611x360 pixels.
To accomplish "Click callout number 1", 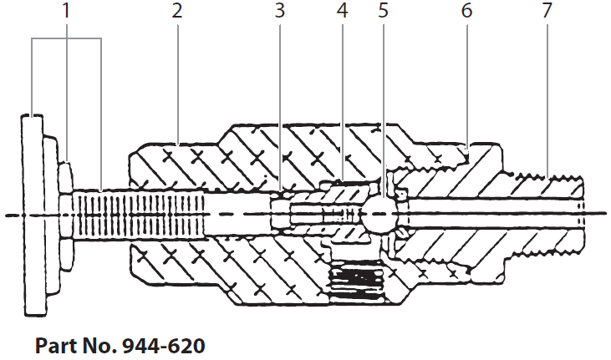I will coord(66,12).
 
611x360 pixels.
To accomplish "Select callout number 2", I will coord(177,12).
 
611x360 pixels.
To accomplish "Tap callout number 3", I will coord(280,12).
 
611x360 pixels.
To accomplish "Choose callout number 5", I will coord(384,12).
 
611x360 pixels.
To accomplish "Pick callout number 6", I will coord(466,12).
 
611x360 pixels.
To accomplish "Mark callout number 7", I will coord(547,12).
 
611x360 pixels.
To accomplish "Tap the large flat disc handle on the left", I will coord(36,214).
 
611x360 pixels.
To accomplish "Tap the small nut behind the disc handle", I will coord(65,214).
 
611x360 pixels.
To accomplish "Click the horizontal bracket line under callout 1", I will coord(66,39).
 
